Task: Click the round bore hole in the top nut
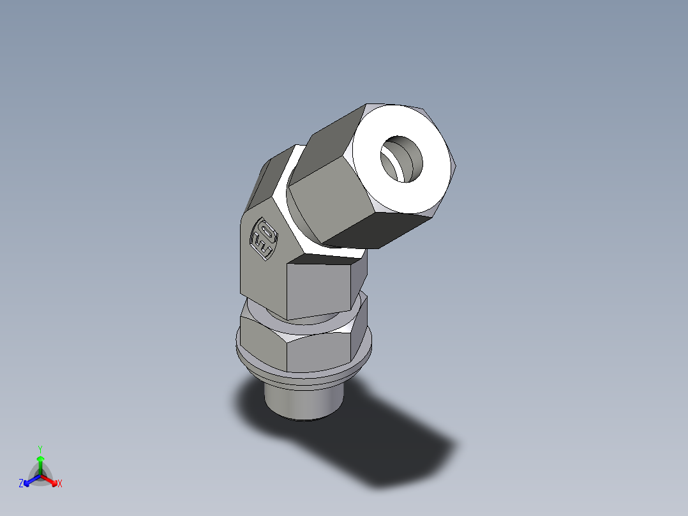402,159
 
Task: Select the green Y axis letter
40,448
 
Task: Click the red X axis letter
60,484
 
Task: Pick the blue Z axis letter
21,483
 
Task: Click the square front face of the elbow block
319,287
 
